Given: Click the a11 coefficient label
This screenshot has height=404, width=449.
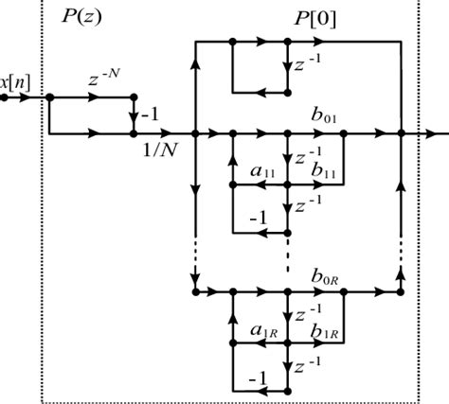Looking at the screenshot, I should click(262, 171).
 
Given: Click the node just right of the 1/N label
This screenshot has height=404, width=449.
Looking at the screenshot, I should click(193, 134).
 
